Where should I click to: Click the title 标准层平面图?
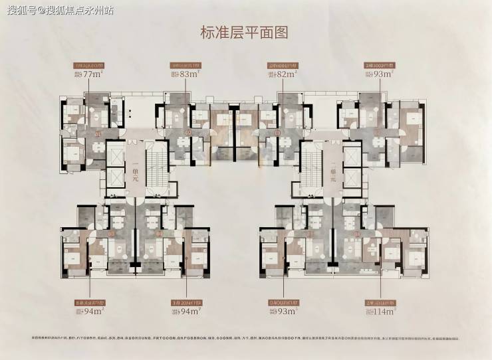pyautogui.click(x=246, y=31)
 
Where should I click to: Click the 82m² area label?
pyautogui.click(x=285, y=74)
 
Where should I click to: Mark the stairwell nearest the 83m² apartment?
pyautogui.click(x=157, y=172)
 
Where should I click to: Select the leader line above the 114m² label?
pyautogui.click(x=380, y=279)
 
